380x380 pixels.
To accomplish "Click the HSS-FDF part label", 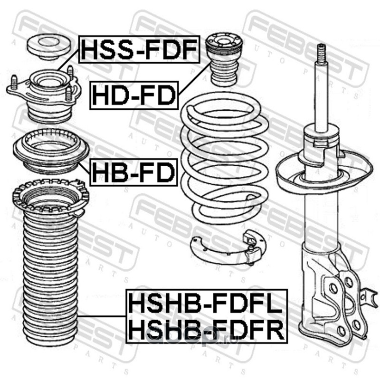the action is [139, 49].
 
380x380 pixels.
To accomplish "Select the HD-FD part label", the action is [134, 95].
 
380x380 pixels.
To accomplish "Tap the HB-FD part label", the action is [133, 172].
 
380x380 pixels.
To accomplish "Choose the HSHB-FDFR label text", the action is [206, 330].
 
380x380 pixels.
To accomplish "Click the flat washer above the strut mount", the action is [49, 47].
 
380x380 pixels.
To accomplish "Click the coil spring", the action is [225, 158].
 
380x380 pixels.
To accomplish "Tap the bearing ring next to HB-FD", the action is [51, 151].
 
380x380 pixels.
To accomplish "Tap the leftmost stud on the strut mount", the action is [14, 83].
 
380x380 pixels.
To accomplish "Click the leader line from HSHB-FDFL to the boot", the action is [102, 316].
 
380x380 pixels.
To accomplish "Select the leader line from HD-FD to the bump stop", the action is [194, 78].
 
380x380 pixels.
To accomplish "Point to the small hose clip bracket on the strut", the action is [369, 296].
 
